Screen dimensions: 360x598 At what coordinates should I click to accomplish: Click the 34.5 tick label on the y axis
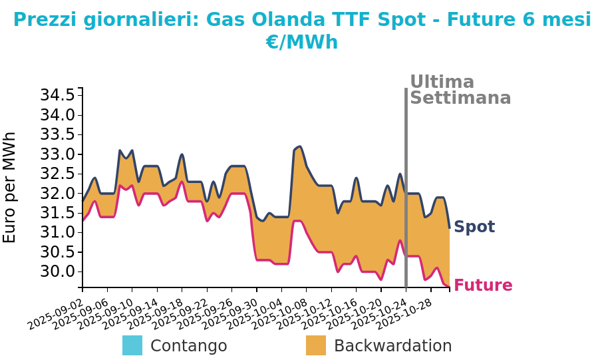tap(57, 95)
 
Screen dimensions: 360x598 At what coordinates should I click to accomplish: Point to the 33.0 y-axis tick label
tap(57, 154)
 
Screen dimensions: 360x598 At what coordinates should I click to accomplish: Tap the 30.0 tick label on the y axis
tap(57, 271)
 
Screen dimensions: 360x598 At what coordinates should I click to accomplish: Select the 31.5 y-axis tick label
tap(57, 213)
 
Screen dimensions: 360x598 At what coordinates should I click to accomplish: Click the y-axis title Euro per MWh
tap(10, 188)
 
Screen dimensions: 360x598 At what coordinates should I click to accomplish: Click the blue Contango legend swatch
tap(132, 345)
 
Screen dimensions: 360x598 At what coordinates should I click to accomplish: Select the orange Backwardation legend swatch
tap(316, 345)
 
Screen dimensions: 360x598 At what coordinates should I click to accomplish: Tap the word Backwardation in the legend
tap(392, 346)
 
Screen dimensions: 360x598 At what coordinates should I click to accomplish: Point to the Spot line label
tap(474, 227)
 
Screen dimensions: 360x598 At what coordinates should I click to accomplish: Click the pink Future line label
tap(483, 285)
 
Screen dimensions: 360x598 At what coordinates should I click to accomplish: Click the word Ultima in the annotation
tap(442, 82)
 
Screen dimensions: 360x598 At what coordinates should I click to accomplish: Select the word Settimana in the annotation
tap(460, 98)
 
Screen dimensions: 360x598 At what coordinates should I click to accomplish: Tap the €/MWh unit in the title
tap(302, 43)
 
